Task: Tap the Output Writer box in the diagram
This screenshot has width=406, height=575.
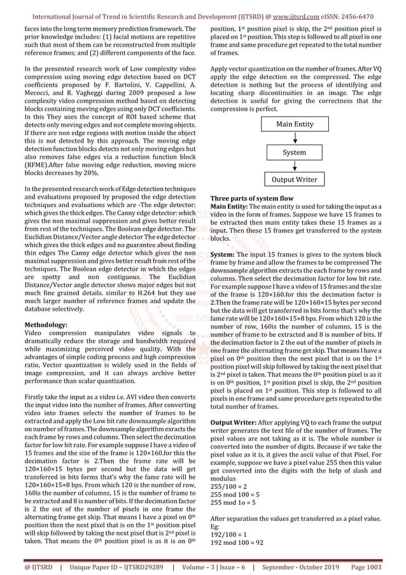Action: pos(294,180)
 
